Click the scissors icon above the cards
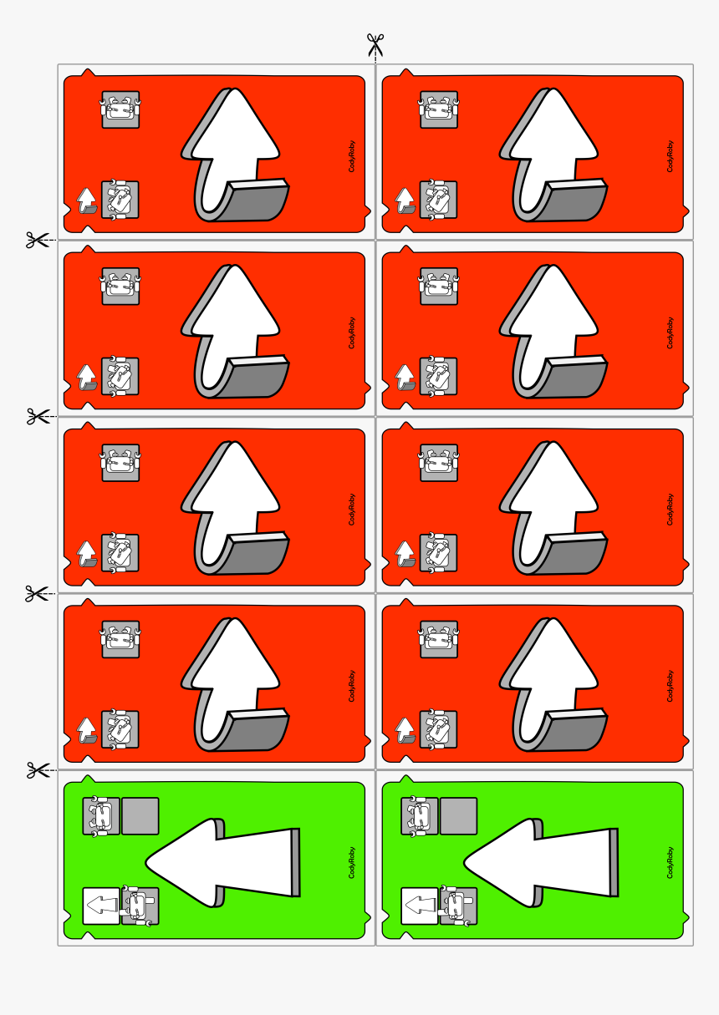coord(375,45)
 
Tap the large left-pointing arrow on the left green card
coord(222,862)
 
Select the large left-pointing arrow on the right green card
coord(541,862)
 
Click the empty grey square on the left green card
coord(140,815)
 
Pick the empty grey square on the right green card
coord(459,815)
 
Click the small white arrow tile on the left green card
coord(101,906)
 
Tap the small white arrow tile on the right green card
coord(420,906)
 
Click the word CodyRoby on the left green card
coord(352,863)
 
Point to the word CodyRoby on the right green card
coord(670,863)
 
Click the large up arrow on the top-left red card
coord(234,155)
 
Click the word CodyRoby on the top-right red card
coord(670,156)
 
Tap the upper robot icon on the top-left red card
coord(120,109)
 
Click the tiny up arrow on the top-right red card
coord(405,200)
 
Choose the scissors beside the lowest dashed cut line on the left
coord(38,770)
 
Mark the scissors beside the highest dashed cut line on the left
coord(37,240)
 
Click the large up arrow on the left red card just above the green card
coord(234,684)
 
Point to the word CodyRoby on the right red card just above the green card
coord(670,686)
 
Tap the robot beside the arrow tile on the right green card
coord(458,906)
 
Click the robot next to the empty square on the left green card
coord(101,815)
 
